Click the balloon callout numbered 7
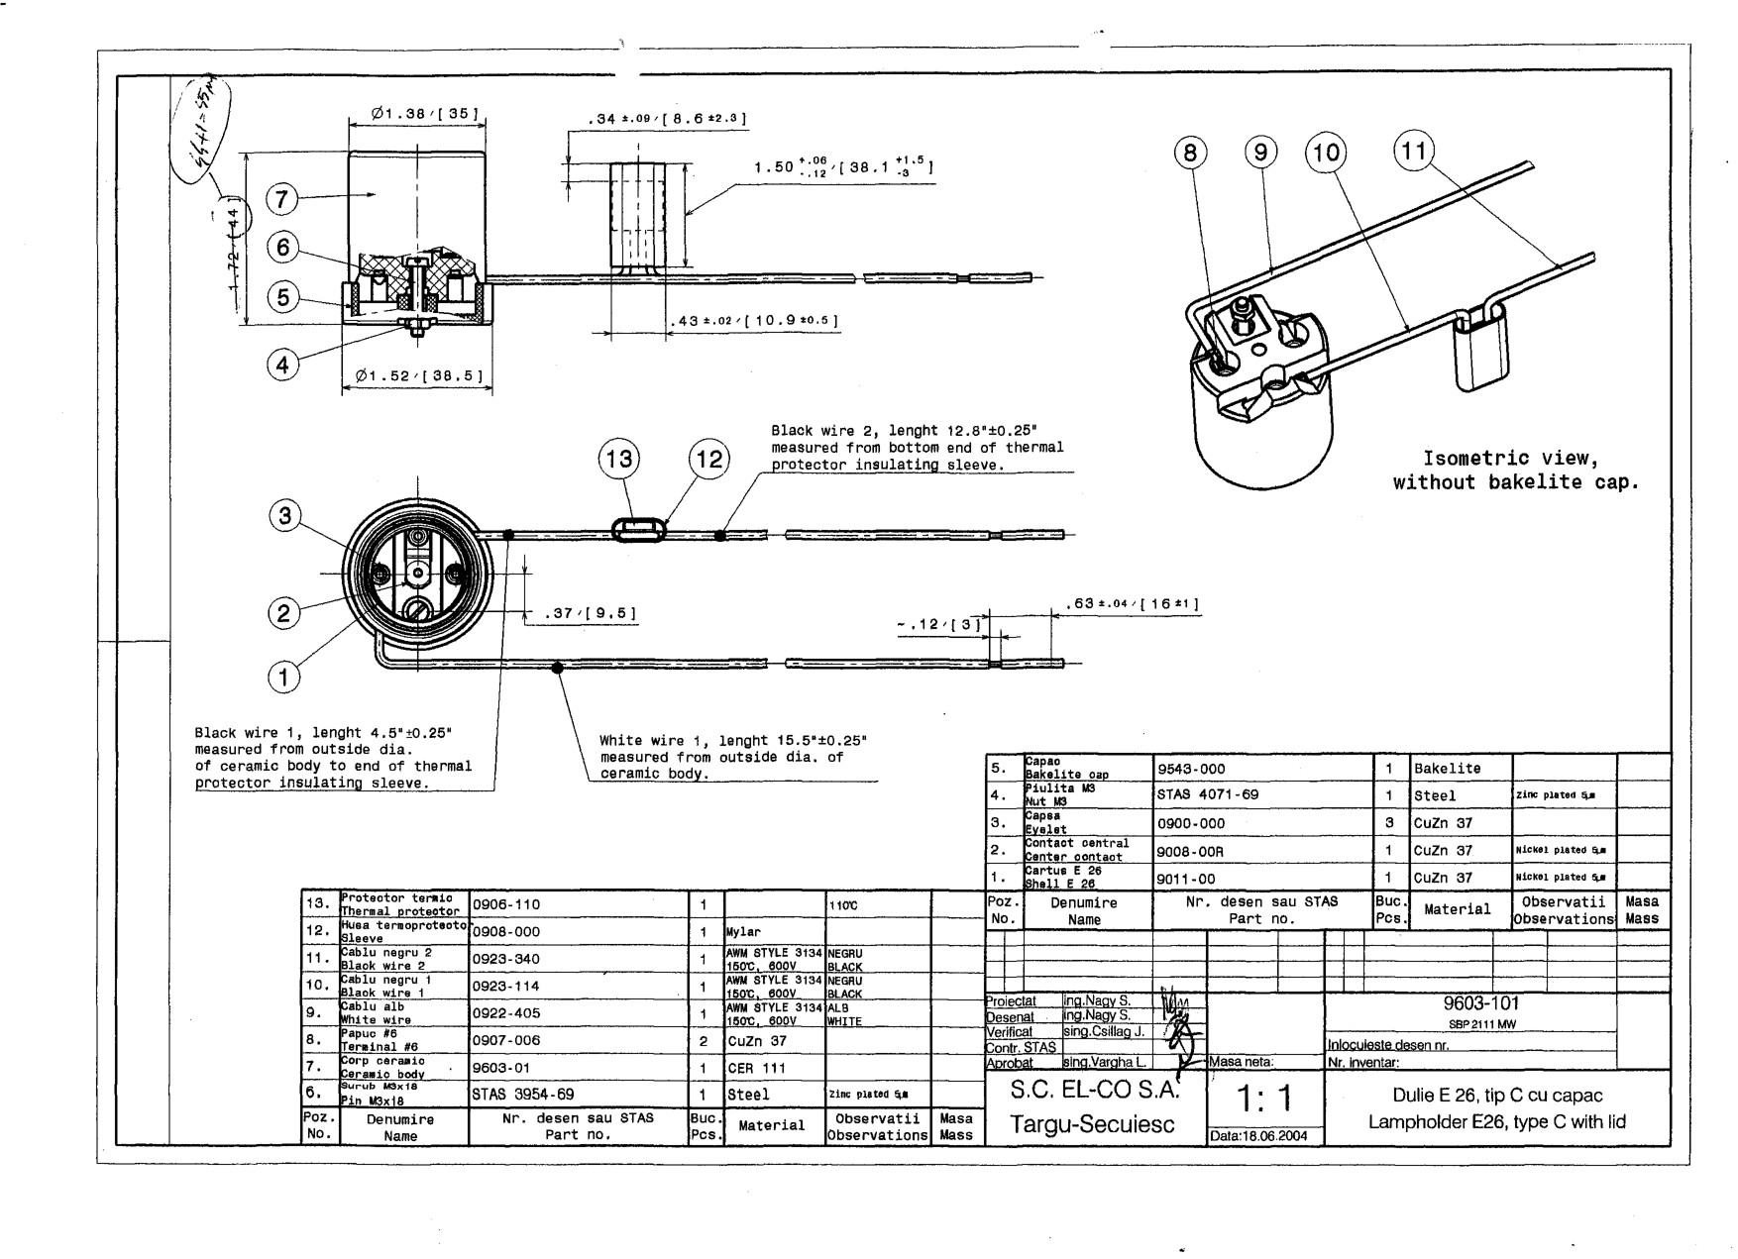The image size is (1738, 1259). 281,199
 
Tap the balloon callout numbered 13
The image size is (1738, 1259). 619,459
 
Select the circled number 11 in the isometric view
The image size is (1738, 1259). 1414,152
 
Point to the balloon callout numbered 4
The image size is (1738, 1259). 282,365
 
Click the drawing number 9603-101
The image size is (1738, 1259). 1470,1003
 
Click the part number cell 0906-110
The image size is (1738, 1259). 505,904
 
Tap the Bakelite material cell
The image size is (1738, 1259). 1447,768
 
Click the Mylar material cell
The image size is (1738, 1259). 743,932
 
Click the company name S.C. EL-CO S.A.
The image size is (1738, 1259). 1093,1092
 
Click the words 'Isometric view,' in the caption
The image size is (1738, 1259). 1510,459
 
